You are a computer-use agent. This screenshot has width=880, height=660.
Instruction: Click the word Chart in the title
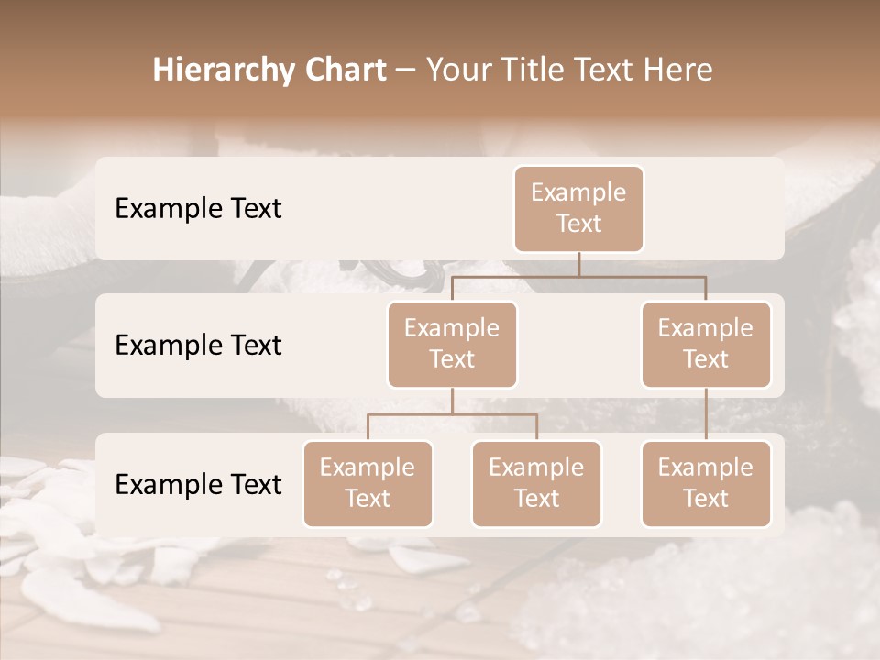340,71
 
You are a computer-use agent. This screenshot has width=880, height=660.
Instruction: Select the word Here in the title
677,71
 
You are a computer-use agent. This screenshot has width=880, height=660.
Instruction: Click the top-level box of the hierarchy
578,208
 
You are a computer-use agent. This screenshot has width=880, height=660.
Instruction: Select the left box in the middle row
452,344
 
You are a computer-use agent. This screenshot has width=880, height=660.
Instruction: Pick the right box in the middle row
706,344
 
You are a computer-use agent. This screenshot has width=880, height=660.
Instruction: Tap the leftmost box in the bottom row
368,483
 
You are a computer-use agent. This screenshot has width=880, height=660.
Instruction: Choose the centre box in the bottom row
536,483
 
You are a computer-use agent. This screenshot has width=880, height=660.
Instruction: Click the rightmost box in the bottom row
706,483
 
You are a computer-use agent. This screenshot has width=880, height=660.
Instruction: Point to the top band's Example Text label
198,209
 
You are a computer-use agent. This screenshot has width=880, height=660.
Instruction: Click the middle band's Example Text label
198,346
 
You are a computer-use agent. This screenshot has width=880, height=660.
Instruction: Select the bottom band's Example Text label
198,485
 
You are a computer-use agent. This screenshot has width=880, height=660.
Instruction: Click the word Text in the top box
578,224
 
